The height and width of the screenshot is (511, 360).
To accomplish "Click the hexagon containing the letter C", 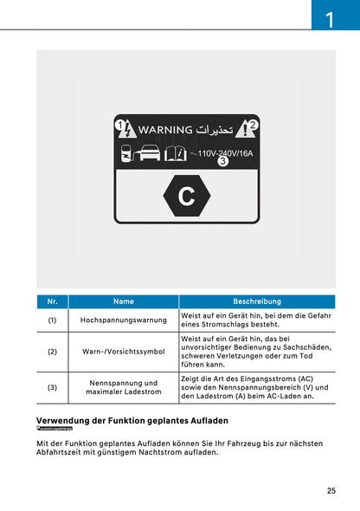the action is (x=186, y=196).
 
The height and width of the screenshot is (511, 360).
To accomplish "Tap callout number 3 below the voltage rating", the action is (x=222, y=162).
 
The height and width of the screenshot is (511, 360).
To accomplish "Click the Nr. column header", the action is (x=52, y=301).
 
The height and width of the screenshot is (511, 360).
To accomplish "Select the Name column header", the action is (x=123, y=301).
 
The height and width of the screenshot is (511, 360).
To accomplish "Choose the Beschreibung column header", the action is (x=257, y=301).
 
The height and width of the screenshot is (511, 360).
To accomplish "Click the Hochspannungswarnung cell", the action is (x=123, y=320).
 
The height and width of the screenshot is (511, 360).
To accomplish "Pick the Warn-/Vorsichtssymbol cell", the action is (x=123, y=352).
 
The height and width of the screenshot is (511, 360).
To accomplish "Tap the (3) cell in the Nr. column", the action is (x=52, y=388).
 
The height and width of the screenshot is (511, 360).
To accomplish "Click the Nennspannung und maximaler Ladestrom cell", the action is (x=123, y=388).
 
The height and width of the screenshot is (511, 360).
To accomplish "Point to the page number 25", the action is (x=331, y=490).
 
